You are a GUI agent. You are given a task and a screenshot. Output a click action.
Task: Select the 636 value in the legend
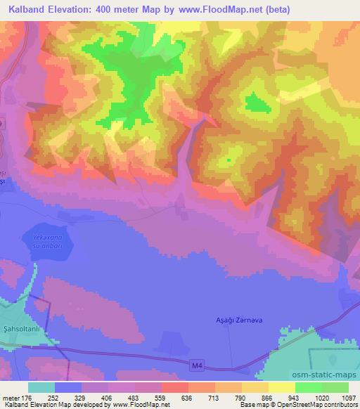188,396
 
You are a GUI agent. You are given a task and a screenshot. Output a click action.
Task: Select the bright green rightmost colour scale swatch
335,387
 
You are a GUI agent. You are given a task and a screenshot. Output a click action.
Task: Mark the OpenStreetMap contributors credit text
316,405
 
